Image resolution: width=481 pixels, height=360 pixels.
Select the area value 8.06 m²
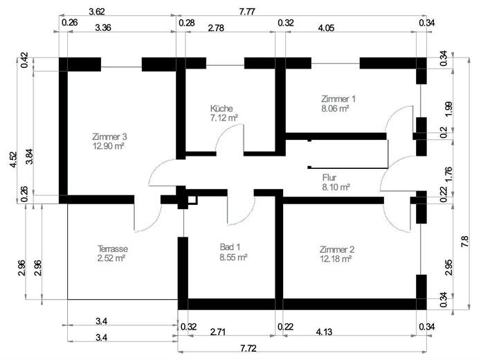pyautogui.click(x=335, y=108)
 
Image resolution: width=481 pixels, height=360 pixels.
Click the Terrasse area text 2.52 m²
pyautogui.click(x=111, y=258)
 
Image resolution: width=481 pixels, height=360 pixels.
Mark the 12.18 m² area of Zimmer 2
pyautogui.click(x=336, y=258)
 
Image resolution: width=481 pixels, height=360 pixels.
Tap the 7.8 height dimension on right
pyautogui.click(x=465, y=240)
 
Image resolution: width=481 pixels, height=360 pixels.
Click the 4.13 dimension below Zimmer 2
pyautogui.click(x=323, y=332)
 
